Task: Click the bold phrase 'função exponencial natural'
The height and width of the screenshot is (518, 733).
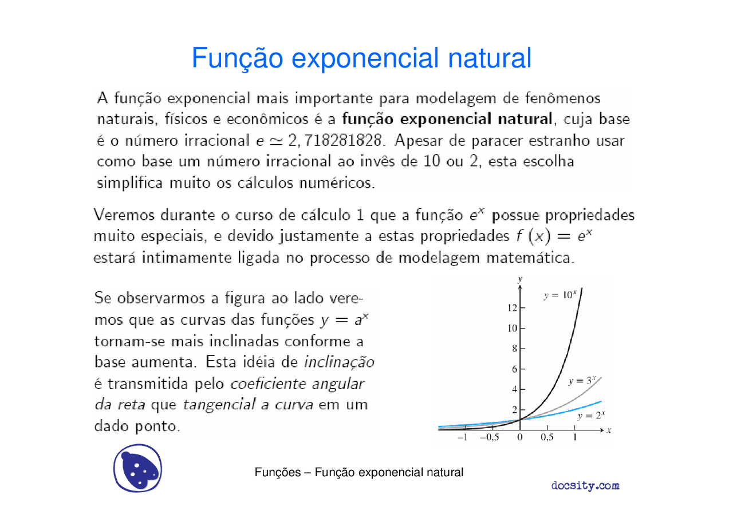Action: pyautogui.click(x=447, y=120)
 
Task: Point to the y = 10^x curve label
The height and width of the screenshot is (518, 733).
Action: pyautogui.click(x=559, y=295)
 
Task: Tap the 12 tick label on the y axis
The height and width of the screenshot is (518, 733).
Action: pyautogui.click(x=512, y=308)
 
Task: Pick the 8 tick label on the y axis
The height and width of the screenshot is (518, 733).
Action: pyautogui.click(x=515, y=349)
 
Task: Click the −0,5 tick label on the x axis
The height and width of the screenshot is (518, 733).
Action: pyautogui.click(x=490, y=438)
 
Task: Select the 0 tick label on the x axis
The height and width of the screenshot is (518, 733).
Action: pyautogui.click(x=519, y=438)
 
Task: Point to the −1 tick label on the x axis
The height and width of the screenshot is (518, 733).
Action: pyautogui.click(x=463, y=438)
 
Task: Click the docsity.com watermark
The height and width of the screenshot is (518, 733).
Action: pyautogui.click(x=585, y=486)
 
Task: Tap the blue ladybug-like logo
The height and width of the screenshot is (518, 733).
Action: pyautogui.click(x=137, y=468)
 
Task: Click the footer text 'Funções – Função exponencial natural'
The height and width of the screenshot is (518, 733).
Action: pyautogui.click(x=358, y=473)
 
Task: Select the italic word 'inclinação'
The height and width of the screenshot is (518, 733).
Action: pyautogui.click(x=339, y=363)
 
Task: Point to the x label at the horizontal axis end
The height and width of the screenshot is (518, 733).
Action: pyautogui.click(x=609, y=429)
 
